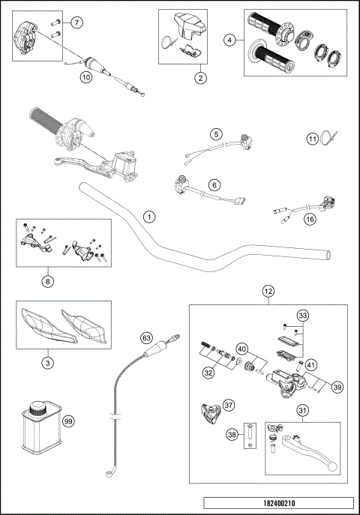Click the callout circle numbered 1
pyautogui.click(x=150, y=217)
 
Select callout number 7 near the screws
pyautogui.click(x=78, y=23)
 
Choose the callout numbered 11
pyautogui.click(x=312, y=139)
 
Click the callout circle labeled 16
pyautogui.click(x=309, y=220)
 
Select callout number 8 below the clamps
pyautogui.click(x=49, y=283)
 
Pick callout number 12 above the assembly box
pyautogui.click(x=268, y=292)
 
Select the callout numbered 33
pyautogui.click(x=302, y=316)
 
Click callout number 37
pyautogui.click(x=228, y=405)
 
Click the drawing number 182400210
pyautogui.click(x=277, y=504)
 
